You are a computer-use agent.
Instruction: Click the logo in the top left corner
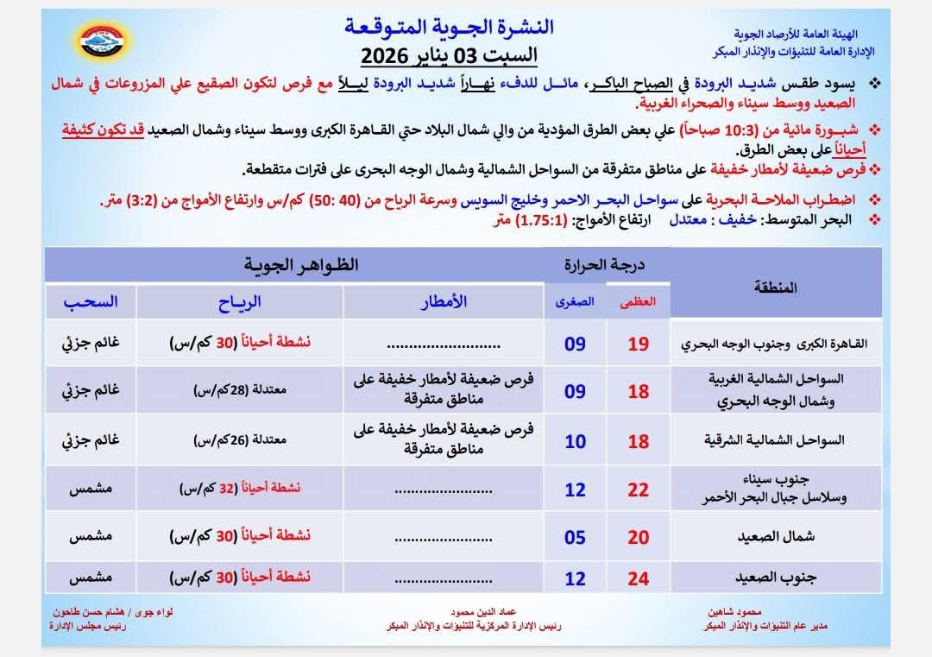coord(103,40)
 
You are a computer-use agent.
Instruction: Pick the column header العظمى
coord(639,302)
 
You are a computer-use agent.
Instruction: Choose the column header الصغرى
coord(575,302)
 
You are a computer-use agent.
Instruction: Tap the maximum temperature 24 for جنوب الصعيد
coord(639,578)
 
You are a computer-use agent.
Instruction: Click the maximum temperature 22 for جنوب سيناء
coord(639,490)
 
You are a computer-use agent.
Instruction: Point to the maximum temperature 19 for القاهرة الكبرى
coord(639,344)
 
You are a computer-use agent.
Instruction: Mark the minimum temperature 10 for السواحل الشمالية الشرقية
coord(575,442)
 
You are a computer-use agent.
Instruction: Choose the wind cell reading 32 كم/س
coord(239,488)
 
